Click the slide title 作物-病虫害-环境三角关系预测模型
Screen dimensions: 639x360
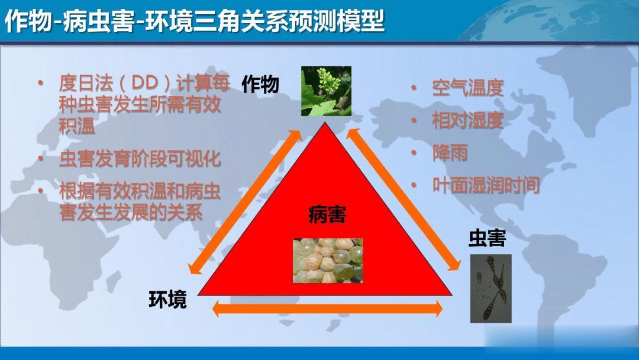[x=195, y=21]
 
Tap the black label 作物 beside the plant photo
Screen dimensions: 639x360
[x=260, y=85]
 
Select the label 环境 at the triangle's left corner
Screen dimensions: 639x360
[x=167, y=300]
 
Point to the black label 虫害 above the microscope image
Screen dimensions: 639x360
[x=487, y=238]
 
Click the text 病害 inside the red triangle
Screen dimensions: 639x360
[x=327, y=214]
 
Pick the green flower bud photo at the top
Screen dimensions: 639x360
[x=326, y=91]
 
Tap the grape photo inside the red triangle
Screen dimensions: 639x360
[x=328, y=261]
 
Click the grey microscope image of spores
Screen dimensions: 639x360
[x=490, y=289]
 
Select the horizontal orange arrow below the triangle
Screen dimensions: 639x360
[x=327, y=308]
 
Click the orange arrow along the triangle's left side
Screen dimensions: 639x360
[x=244, y=201]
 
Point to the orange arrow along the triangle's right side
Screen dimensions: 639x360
[x=404, y=200]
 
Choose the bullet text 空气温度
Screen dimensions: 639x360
[x=468, y=88]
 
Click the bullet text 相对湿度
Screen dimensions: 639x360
[x=468, y=121]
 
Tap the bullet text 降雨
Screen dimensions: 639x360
[x=450, y=153]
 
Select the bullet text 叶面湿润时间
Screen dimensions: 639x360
[x=486, y=185]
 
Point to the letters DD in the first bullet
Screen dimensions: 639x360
[x=145, y=83]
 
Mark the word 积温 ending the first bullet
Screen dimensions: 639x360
[x=78, y=126]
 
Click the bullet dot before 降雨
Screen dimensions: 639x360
[x=414, y=153]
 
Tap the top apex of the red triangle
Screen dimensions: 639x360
[x=325, y=123]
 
